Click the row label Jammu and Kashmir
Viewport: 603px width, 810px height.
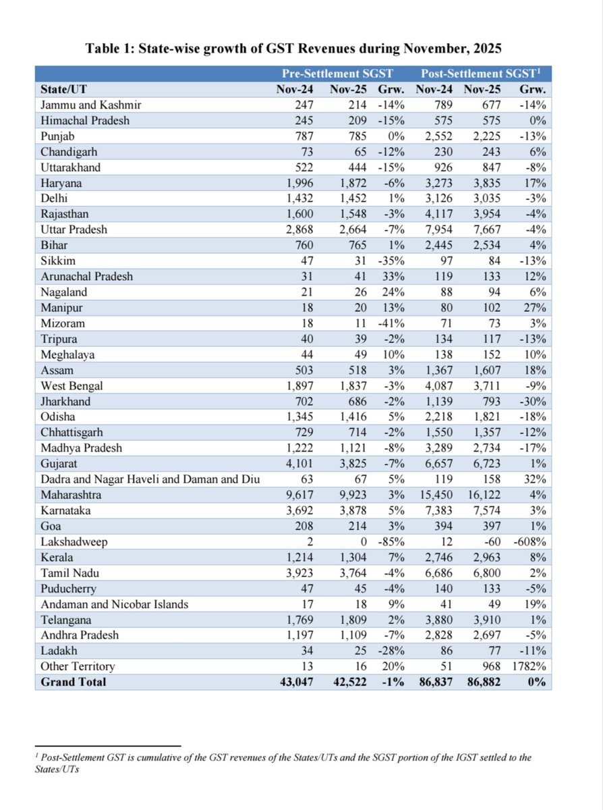click(90, 105)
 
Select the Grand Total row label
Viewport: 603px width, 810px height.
click(74, 682)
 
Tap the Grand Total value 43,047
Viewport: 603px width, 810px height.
click(298, 682)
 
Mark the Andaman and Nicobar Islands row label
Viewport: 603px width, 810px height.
click(113, 604)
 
